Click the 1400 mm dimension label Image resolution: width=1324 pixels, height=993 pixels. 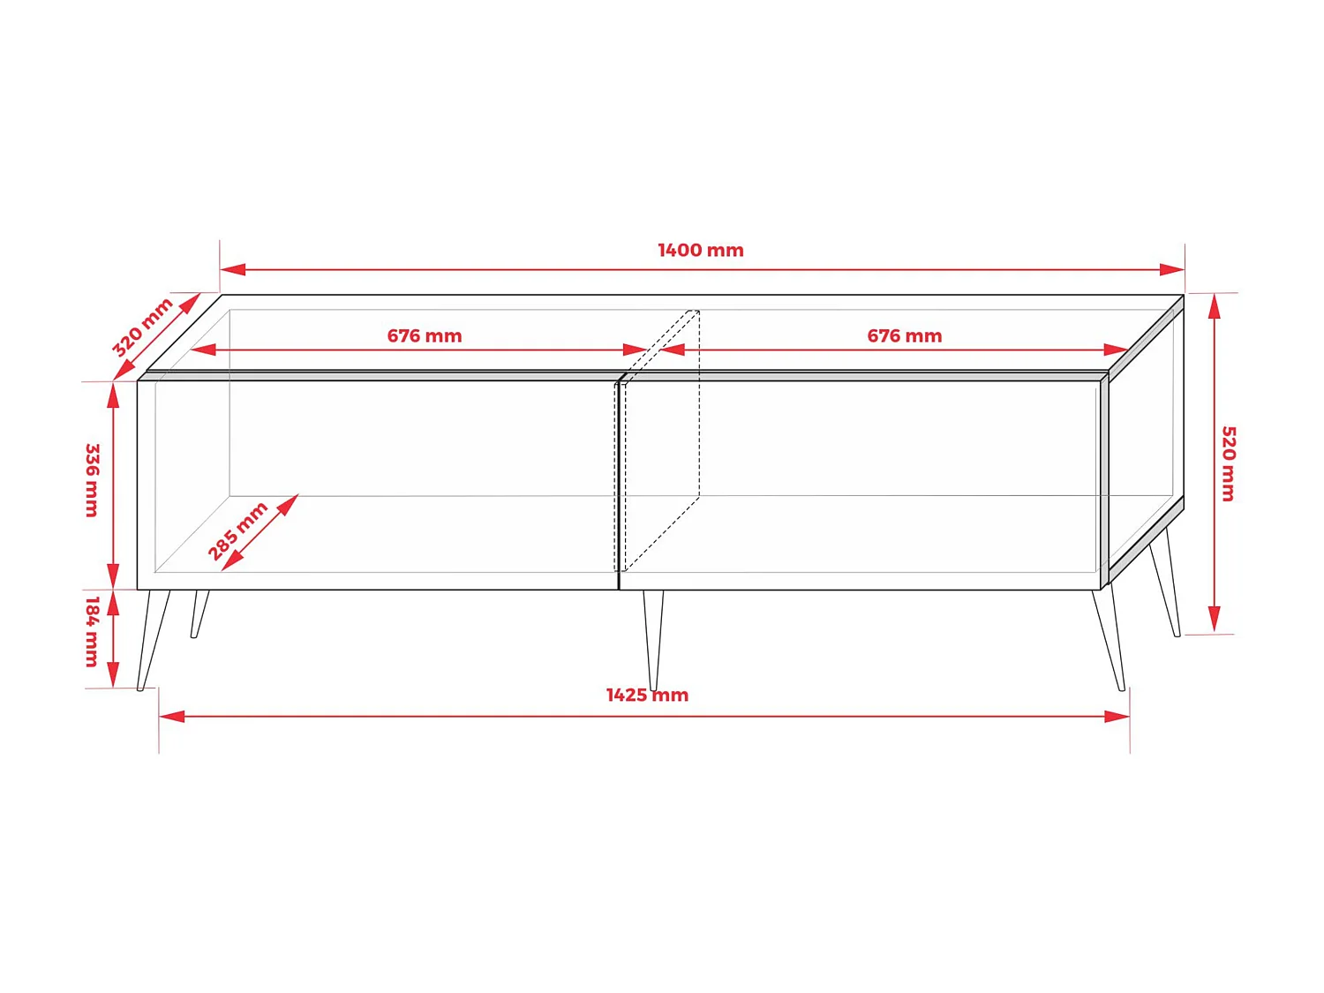(700, 251)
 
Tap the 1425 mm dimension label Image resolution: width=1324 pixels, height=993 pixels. (647, 696)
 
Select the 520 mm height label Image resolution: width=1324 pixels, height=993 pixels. (1228, 463)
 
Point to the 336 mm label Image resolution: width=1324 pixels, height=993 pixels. (92, 480)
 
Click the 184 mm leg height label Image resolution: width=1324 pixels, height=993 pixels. (92, 631)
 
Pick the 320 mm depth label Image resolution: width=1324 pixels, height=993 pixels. (142, 327)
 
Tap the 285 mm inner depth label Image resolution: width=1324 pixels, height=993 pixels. (237, 530)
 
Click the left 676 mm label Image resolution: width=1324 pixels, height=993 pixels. (425, 336)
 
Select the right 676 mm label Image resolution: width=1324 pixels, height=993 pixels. (904, 336)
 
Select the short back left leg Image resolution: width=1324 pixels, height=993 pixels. (199, 613)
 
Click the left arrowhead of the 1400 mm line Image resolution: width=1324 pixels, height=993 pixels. (231, 269)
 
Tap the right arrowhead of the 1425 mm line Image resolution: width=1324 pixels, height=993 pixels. (1118, 716)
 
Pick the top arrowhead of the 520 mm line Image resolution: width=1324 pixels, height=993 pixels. (1215, 305)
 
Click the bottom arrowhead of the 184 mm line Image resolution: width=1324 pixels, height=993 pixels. (113, 675)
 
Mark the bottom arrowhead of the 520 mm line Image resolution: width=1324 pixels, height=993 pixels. (1215, 620)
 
